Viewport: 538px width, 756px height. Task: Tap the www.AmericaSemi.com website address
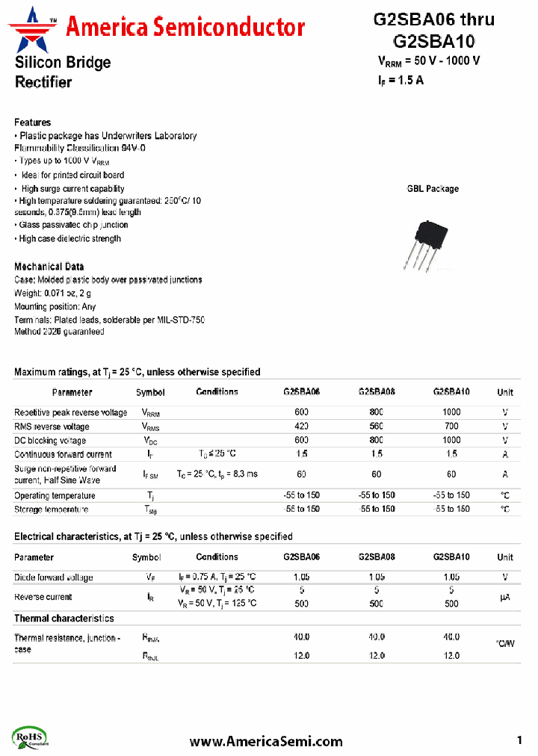[x=266, y=741]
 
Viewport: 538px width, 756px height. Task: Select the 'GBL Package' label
[x=433, y=189]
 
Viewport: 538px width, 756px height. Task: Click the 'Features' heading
[x=33, y=122]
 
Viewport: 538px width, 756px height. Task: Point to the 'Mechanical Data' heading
[x=49, y=267]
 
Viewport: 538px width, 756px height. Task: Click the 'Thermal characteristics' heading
[x=64, y=619]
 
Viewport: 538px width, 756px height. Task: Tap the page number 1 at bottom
[x=519, y=740]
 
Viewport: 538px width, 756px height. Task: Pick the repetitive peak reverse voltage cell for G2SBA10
[x=451, y=412]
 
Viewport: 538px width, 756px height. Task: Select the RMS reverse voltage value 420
[x=301, y=427]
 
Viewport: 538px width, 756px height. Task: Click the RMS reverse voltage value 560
[x=376, y=427]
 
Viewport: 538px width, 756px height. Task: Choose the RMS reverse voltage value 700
[x=451, y=427]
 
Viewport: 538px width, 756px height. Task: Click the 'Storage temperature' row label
[x=51, y=509]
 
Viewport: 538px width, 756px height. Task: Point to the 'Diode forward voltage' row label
[x=54, y=577]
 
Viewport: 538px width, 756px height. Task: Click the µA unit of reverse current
[x=505, y=597]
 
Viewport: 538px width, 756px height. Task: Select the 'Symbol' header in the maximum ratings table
[x=150, y=392]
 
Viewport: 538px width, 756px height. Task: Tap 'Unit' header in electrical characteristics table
[x=505, y=557]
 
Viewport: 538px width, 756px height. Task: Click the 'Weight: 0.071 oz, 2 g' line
[x=52, y=294]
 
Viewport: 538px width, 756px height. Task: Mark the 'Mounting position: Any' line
[x=55, y=307]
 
